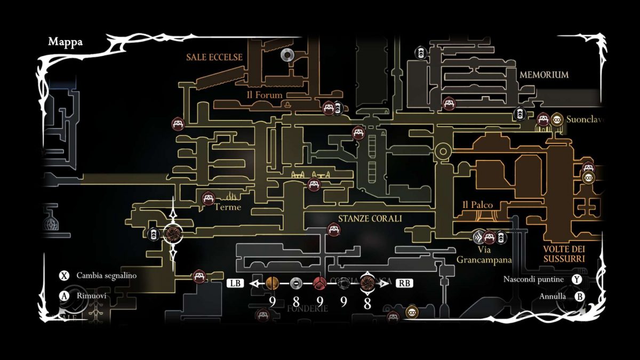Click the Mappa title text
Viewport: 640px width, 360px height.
pos(65,42)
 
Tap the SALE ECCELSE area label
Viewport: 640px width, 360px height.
pos(214,57)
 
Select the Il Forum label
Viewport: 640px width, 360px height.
pos(265,95)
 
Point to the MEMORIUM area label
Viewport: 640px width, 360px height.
pos(544,75)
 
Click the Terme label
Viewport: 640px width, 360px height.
pos(228,207)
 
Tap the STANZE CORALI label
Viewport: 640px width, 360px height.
pos(370,219)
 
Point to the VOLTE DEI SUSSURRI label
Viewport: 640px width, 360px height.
pos(564,253)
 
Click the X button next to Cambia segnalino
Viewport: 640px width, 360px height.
pos(64,276)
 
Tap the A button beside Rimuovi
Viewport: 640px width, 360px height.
pos(64,295)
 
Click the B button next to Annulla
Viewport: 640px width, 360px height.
pos(580,296)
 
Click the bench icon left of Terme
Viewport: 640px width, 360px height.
pos(208,198)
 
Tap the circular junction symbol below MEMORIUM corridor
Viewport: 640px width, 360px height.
pos(442,152)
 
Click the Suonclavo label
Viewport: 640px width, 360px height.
pos(585,120)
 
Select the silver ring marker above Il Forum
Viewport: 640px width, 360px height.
pos(287,55)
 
